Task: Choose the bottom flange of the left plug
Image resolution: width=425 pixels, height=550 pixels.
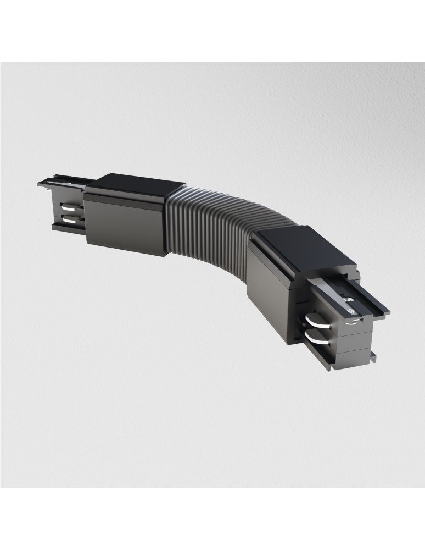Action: (66, 227)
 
